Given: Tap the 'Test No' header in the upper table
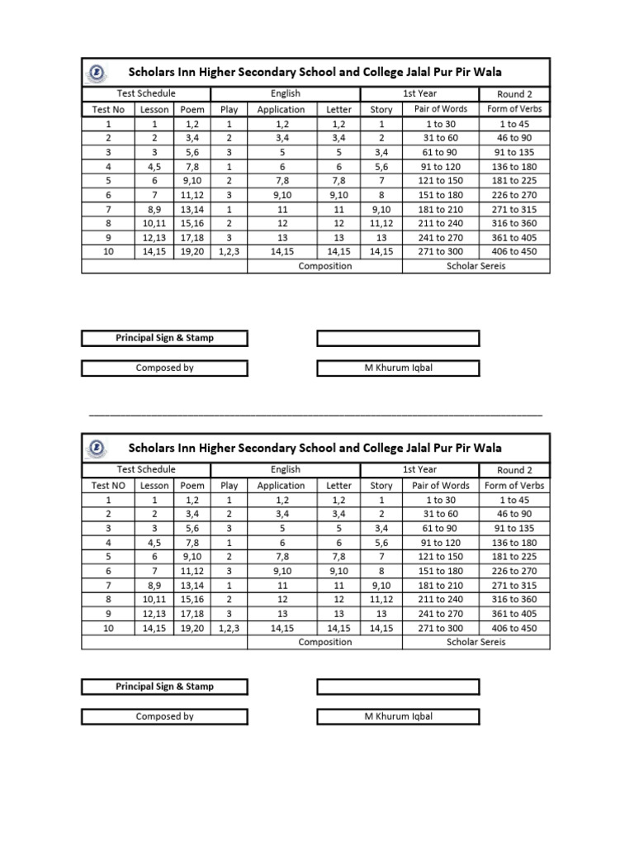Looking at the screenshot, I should click(x=108, y=109).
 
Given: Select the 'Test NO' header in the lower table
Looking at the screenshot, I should click(x=108, y=486).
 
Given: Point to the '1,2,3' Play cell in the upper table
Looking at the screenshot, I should click(x=229, y=252).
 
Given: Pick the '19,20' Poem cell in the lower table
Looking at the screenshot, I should click(x=192, y=629).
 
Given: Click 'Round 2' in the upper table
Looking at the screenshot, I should click(x=514, y=94).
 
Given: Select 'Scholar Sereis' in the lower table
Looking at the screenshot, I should click(x=475, y=642).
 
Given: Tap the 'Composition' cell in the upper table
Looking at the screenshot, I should click(x=324, y=266).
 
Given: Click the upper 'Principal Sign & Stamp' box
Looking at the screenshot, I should click(x=164, y=338).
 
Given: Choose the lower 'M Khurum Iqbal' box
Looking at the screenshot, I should click(x=398, y=716).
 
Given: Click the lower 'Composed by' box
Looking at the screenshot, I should click(x=164, y=716).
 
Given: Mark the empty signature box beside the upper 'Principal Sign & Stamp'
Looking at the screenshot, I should click(x=398, y=338).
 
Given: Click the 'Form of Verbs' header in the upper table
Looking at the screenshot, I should click(x=514, y=109).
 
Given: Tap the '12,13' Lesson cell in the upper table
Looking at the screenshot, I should click(x=154, y=238).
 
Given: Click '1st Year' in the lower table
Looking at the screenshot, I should click(x=419, y=470).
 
